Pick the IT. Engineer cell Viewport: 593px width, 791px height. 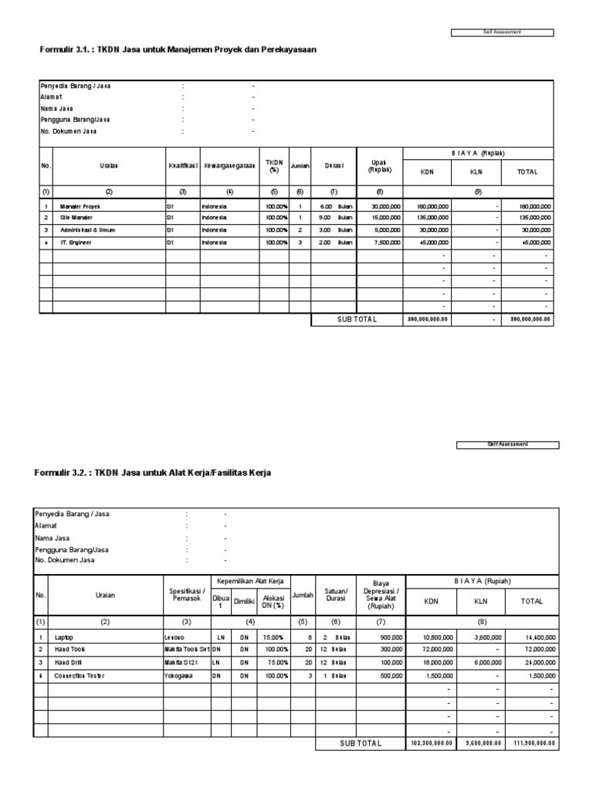click(74, 242)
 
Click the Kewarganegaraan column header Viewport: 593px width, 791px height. click(229, 166)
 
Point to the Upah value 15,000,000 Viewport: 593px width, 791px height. click(385, 219)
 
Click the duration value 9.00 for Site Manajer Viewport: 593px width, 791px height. click(325, 219)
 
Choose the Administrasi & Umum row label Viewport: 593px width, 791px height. click(86, 230)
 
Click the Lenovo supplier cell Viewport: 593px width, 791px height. click(175, 638)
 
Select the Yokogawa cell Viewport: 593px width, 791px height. click(178, 675)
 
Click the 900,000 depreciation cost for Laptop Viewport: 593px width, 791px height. click(390, 638)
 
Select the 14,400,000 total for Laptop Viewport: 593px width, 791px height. click(537, 638)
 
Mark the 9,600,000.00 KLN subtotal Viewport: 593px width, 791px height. click(482, 743)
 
